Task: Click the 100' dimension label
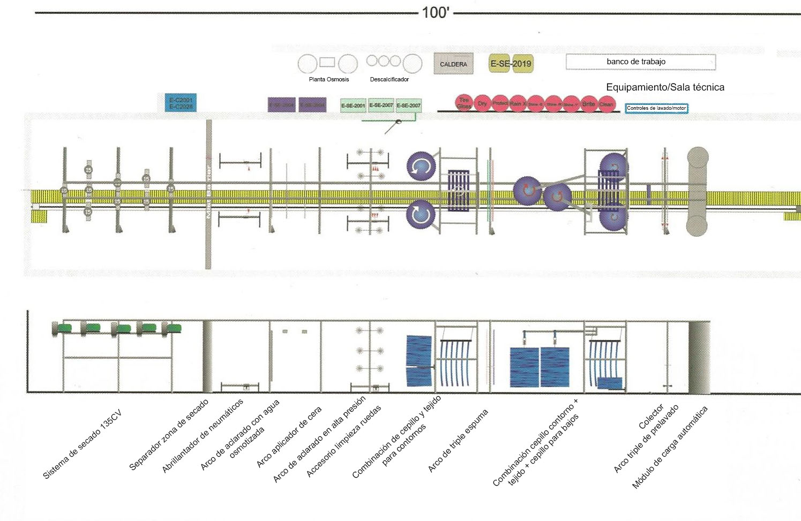coord(435,12)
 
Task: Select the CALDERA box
coord(453,64)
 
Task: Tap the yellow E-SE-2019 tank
coord(511,64)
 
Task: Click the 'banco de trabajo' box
coord(640,62)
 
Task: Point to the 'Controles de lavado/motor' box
coord(656,108)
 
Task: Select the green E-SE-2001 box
coord(353,105)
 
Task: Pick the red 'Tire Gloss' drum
coord(464,103)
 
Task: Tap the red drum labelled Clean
coord(606,104)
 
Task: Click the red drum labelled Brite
coord(588,104)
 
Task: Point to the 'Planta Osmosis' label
coord(328,79)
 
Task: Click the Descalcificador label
coord(389,79)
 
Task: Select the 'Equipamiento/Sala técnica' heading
coord(665,87)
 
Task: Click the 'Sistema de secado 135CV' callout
coord(82,444)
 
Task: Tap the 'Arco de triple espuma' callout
coord(458,441)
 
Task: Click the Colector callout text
coord(651,417)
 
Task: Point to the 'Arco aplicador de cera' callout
coord(289,436)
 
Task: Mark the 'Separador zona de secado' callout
coord(169,435)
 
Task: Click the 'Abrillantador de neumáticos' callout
coord(203,436)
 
